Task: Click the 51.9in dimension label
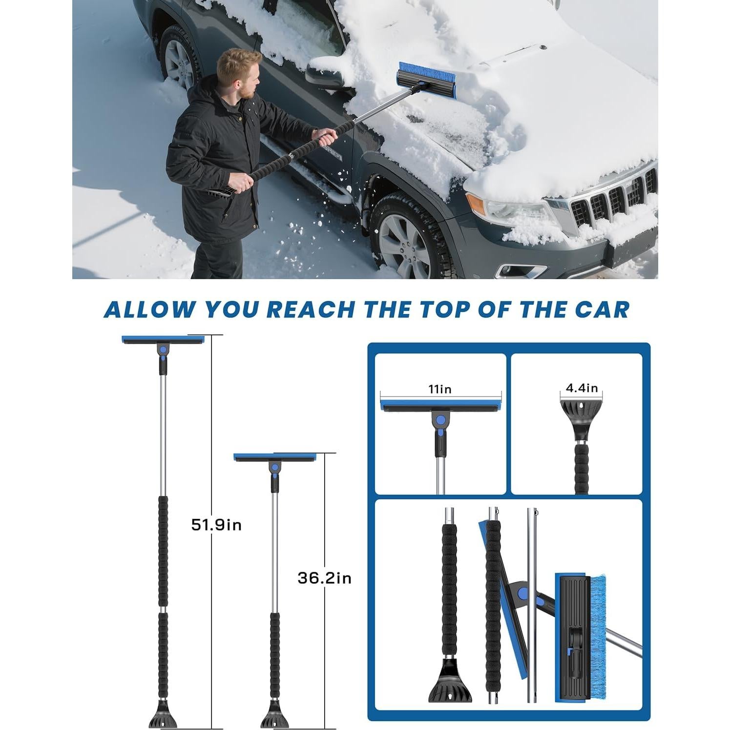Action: pos(216,525)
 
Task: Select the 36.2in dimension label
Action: pos(324,578)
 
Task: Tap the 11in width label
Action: pos(440,389)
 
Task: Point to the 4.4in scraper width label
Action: pos(582,388)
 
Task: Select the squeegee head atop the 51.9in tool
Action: pos(163,340)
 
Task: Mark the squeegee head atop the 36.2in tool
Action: pos(275,458)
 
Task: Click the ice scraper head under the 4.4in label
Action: pos(581,415)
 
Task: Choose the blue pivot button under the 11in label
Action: pos(441,420)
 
